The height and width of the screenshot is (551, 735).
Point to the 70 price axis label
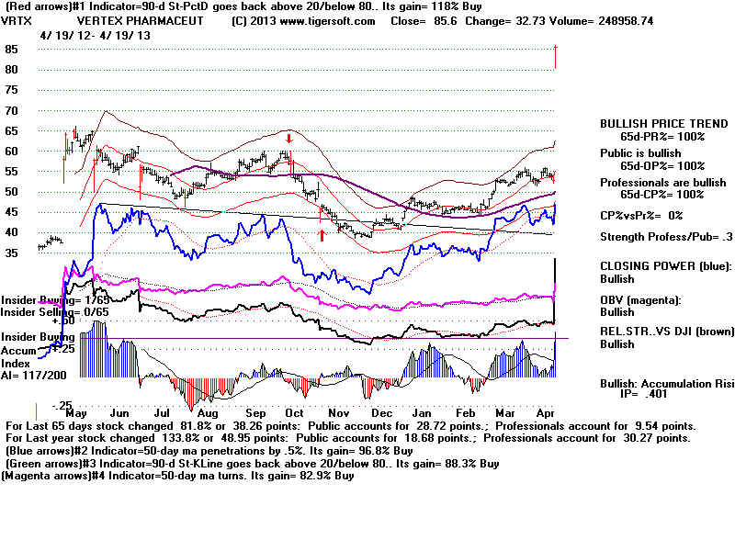[x=12, y=110]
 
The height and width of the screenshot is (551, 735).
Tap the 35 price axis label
[x=12, y=253]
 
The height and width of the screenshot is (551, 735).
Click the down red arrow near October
[x=288, y=140]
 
